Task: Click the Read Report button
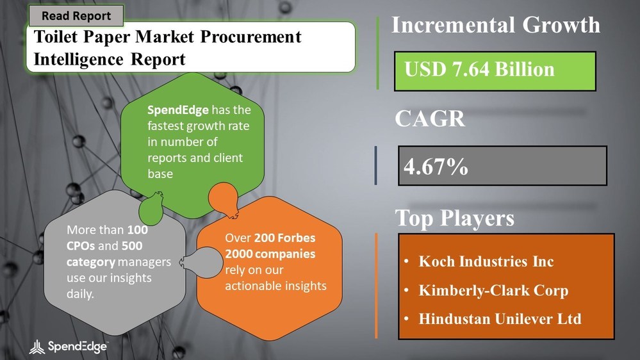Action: (x=76, y=16)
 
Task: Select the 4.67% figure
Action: (x=436, y=167)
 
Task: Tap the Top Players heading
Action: (x=454, y=218)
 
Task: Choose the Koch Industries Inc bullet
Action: (x=486, y=261)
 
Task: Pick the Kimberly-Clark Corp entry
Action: (x=493, y=290)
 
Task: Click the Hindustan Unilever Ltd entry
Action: (x=500, y=318)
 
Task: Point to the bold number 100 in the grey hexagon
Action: (x=137, y=229)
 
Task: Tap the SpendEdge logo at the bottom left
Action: (x=69, y=347)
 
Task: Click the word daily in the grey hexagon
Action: (x=81, y=293)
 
